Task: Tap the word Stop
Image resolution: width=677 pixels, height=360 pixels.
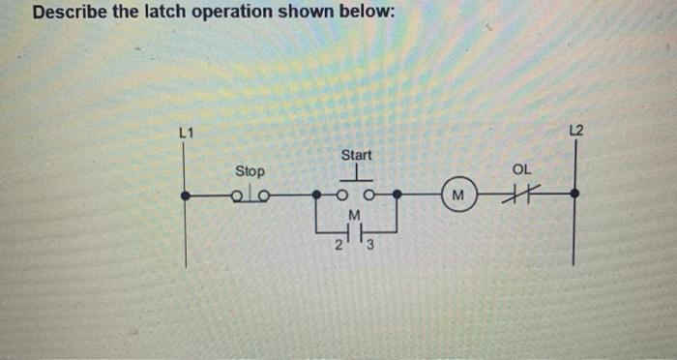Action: click(250, 171)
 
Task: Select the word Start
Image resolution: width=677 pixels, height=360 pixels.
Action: click(356, 155)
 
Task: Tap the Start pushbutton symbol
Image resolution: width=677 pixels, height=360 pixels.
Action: click(356, 189)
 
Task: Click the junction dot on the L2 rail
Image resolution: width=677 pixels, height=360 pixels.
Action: click(575, 194)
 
